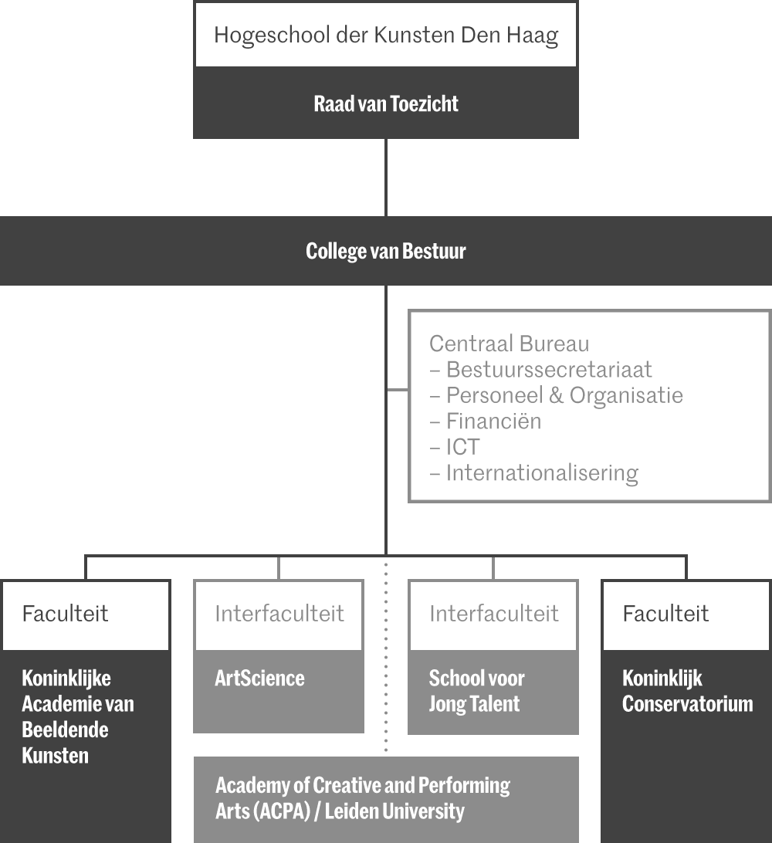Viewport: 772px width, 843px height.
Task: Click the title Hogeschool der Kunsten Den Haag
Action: coord(386,36)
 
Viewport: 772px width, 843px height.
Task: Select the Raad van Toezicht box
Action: coord(386,104)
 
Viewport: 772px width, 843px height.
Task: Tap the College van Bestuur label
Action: coord(386,252)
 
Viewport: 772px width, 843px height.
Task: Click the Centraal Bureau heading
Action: coord(509,344)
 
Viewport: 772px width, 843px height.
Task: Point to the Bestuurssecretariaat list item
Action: coord(549,370)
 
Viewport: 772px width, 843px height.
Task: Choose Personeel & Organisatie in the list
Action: coord(564,395)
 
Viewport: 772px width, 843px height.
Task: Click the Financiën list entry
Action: coord(493,421)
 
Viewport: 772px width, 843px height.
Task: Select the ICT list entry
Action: coord(462,447)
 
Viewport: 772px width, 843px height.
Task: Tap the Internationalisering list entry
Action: coord(542,472)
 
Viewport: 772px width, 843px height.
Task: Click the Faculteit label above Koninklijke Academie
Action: coord(65,614)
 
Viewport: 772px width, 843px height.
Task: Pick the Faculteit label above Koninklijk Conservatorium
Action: coord(665,614)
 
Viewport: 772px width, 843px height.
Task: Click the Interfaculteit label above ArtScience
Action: coord(279,614)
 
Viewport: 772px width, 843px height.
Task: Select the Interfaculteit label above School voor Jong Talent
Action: coord(493,614)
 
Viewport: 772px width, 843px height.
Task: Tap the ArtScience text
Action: coord(259,679)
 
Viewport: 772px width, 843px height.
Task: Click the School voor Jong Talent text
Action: coord(476,691)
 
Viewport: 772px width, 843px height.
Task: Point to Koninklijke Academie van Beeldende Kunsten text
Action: coord(77,716)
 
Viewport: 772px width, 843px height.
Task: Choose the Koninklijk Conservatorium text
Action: coord(687,691)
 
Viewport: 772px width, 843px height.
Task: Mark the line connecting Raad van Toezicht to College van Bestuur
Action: coord(386,178)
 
